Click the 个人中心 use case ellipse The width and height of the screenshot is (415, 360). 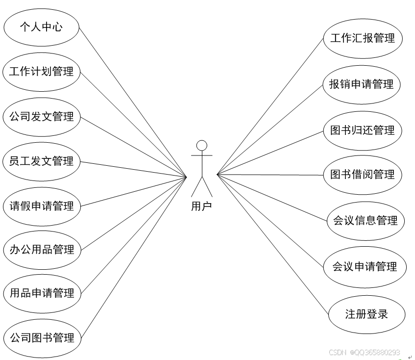41,27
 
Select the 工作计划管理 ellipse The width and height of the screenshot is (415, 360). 41,72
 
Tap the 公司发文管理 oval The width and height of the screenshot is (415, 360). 41,117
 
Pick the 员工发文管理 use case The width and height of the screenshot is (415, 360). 41,161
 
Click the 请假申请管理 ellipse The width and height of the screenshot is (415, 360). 41,206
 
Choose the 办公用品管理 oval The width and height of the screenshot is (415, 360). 41,250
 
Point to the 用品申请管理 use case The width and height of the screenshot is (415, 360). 41,294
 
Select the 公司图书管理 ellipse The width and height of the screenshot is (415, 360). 41,338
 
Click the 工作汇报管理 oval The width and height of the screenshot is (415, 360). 363,38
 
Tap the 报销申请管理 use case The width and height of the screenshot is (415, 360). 362,84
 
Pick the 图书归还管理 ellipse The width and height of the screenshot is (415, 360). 363,130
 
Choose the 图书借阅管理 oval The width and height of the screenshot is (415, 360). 363,175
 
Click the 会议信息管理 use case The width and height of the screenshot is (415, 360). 365,221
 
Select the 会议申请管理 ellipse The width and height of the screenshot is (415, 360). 365,267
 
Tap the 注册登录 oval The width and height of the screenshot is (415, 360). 366,314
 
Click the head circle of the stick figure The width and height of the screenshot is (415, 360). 201,145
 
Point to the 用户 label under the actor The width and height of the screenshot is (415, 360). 201,206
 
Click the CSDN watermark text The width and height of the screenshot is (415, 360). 364,352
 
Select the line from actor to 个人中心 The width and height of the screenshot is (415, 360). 132,101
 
